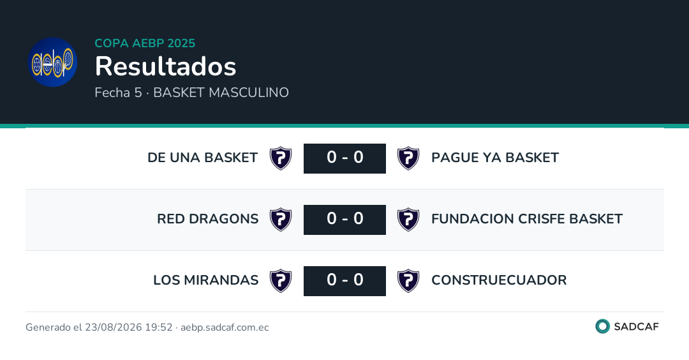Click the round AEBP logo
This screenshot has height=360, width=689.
(53, 62)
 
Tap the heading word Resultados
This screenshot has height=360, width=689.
(166, 66)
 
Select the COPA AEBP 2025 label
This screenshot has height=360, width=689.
(145, 43)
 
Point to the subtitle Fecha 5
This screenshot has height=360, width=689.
(118, 93)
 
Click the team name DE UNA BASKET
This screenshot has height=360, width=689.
(203, 158)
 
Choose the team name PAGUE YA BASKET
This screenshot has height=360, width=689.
(495, 158)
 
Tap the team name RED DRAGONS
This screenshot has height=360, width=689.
(208, 218)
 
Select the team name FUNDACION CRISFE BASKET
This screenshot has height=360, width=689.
(527, 218)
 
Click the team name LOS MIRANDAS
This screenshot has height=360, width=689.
(205, 280)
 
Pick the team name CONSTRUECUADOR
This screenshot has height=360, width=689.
(499, 280)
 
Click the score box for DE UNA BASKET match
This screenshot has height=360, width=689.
(344, 158)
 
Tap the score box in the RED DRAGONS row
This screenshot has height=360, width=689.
(344, 220)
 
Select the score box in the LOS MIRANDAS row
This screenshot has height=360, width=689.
(344, 281)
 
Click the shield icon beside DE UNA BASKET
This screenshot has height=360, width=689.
(281, 158)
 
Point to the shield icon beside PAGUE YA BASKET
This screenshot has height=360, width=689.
(408, 158)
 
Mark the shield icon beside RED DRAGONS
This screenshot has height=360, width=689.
(281, 220)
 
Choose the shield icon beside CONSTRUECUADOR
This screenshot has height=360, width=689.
(408, 281)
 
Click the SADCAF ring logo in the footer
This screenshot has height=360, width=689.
(602, 326)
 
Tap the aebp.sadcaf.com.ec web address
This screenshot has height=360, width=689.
(225, 327)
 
